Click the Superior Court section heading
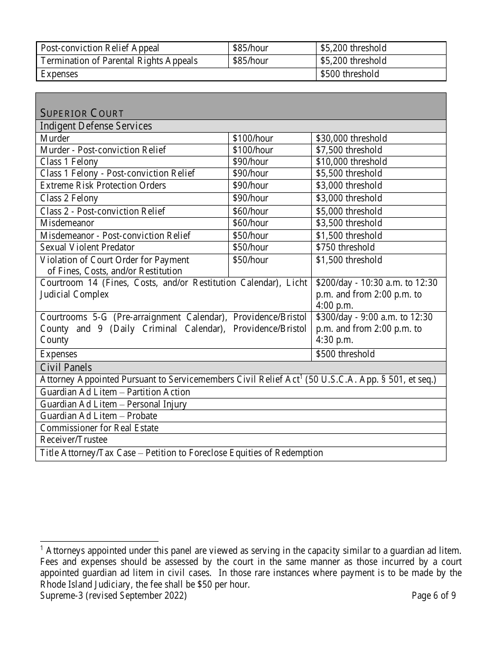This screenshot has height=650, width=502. pyautogui.click(x=82, y=113)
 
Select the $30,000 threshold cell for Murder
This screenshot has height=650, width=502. pyautogui.click(x=351, y=138)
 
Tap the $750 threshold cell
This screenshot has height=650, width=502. pyautogui.click(x=345, y=247)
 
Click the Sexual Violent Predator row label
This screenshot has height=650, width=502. pyautogui.click(x=88, y=247)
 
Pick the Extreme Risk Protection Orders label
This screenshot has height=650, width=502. pyautogui.click(x=103, y=185)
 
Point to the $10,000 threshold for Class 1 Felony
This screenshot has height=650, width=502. pyautogui.click(x=351, y=162)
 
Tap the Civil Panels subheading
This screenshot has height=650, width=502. pyautogui.click(x=66, y=367)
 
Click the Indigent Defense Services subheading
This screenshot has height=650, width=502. pyautogui.click(x=96, y=126)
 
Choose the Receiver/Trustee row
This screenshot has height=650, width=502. pyautogui.click(x=74, y=440)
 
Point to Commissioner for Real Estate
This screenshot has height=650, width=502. pyautogui.click(x=99, y=428)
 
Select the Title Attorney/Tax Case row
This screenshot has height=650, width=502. pyautogui.click(x=181, y=453)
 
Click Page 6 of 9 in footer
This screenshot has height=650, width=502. pyautogui.click(x=434, y=596)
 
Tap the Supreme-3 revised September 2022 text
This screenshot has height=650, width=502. pyautogui.click(x=114, y=596)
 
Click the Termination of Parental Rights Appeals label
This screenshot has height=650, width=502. pyautogui.click(x=119, y=61)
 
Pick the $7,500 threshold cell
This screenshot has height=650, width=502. pyautogui.click(x=349, y=150)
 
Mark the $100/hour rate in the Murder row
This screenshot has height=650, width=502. pyautogui.click(x=253, y=138)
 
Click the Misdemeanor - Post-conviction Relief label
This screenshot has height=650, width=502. pyautogui.click(x=116, y=236)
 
